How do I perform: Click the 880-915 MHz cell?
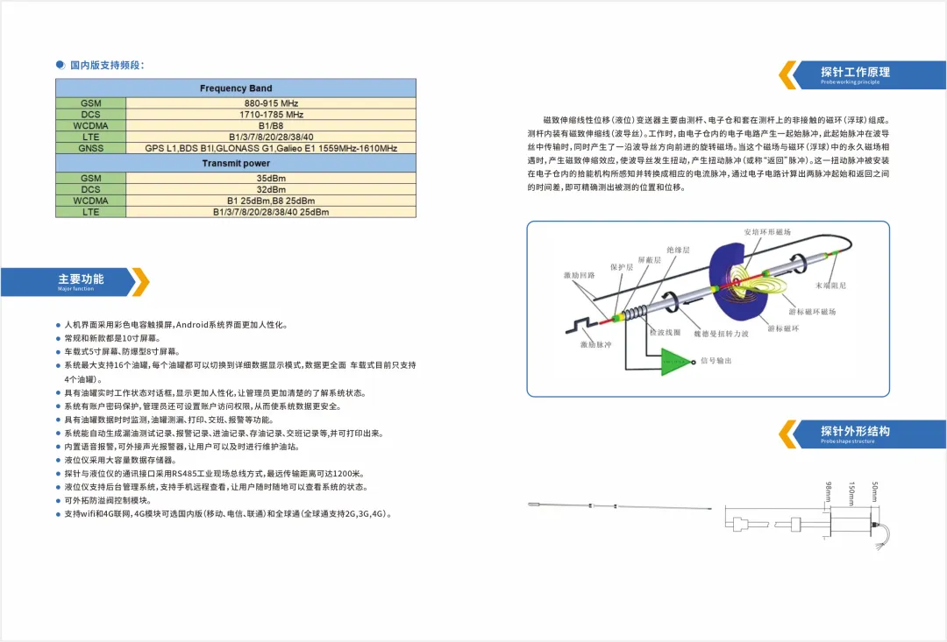(271, 102)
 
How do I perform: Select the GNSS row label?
(90, 148)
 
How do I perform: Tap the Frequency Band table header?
(236, 88)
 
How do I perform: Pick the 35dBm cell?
(271, 178)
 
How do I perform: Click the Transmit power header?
(236, 163)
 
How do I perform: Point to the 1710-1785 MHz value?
(271, 114)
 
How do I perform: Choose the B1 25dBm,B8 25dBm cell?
(271, 201)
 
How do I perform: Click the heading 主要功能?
(81, 279)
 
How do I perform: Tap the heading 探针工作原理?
(855, 72)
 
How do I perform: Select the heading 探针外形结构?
(855, 431)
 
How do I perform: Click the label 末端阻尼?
(830, 285)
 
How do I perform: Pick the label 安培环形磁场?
(767, 232)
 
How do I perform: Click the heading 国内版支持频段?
(107, 65)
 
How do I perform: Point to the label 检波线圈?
(665, 332)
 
